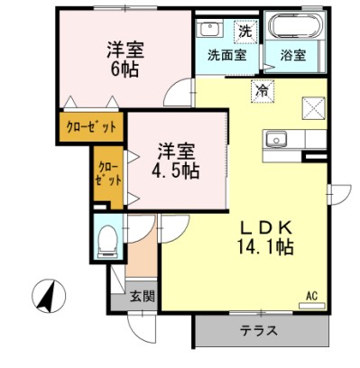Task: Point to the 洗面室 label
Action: click(226, 55)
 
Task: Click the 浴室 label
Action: click(291, 55)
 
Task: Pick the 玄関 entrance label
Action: click(142, 295)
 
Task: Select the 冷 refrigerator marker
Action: click(263, 90)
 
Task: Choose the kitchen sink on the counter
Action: click(274, 140)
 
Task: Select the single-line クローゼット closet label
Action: click(91, 125)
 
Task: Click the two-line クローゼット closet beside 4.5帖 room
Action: click(108, 174)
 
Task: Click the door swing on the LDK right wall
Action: click(338, 195)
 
